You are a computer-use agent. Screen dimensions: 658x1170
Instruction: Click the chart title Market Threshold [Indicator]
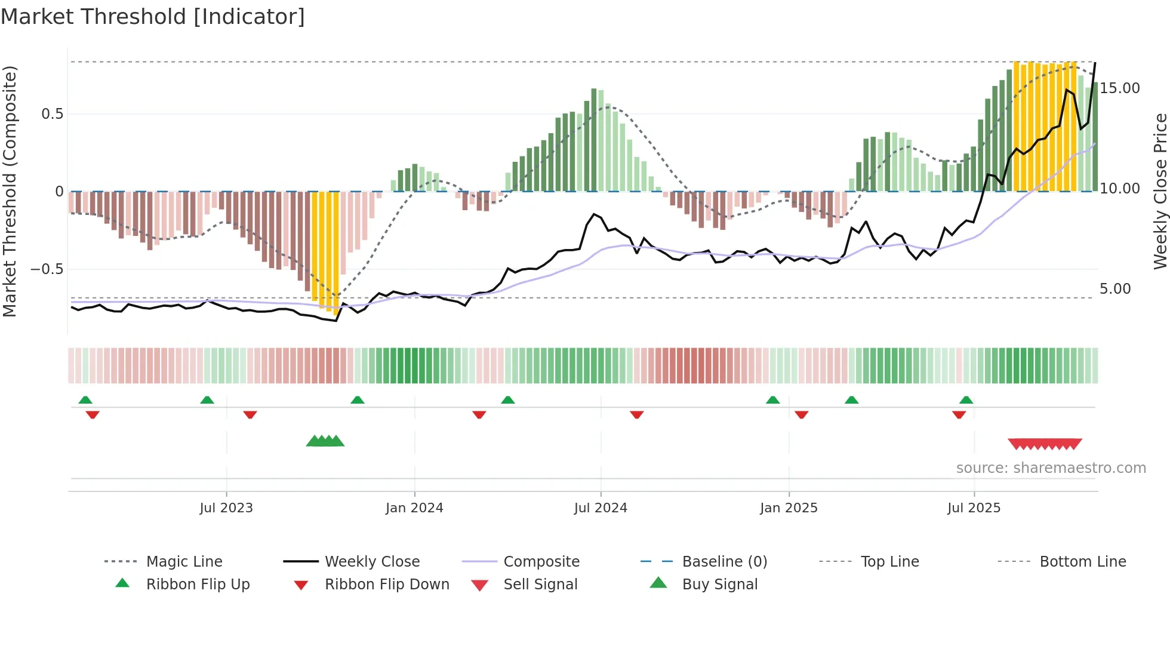[x=153, y=17]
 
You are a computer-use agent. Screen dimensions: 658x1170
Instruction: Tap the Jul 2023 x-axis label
[x=226, y=508]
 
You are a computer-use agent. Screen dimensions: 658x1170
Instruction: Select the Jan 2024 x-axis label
[x=414, y=508]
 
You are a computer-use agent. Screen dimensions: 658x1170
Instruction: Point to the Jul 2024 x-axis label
[x=601, y=508]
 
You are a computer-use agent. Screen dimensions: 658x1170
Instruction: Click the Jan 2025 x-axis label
[x=789, y=508]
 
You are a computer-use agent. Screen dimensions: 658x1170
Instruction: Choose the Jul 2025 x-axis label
[x=974, y=508]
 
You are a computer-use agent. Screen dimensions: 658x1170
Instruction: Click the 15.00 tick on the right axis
[x=1120, y=88]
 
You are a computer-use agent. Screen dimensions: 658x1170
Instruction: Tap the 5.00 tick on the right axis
[x=1115, y=289]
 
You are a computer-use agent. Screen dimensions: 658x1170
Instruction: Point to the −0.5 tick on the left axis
[x=47, y=269]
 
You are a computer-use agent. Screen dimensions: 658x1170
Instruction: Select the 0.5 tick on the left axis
[x=52, y=114]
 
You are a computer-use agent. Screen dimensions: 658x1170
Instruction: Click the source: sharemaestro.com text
[x=1051, y=468]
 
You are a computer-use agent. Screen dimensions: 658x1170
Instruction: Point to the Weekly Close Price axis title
[x=1160, y=191]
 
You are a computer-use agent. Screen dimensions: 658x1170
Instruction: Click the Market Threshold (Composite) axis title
[x=10, y=191]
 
